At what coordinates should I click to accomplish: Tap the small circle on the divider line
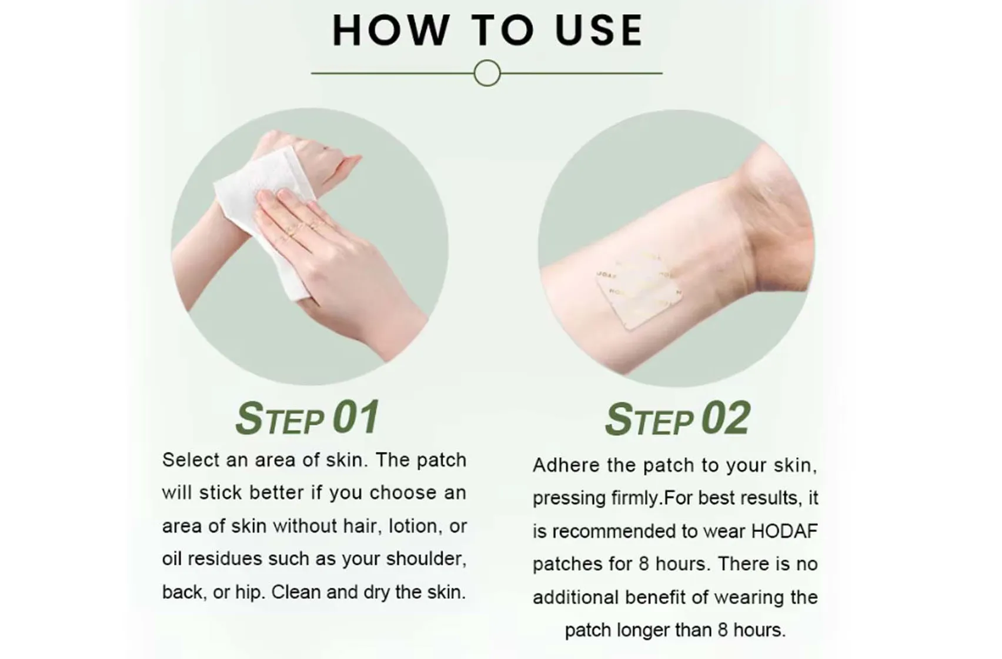pyautogui.click(x=487, y=73)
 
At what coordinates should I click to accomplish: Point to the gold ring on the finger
pyautogui.click(x=292, y=231)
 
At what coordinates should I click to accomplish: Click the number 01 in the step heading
pyautogui.click(x=356, y=418)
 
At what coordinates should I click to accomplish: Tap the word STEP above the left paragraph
pyautogui.click(x=280, y=419)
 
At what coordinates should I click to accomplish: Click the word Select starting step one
pyautogui.click(x=191, y=460)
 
